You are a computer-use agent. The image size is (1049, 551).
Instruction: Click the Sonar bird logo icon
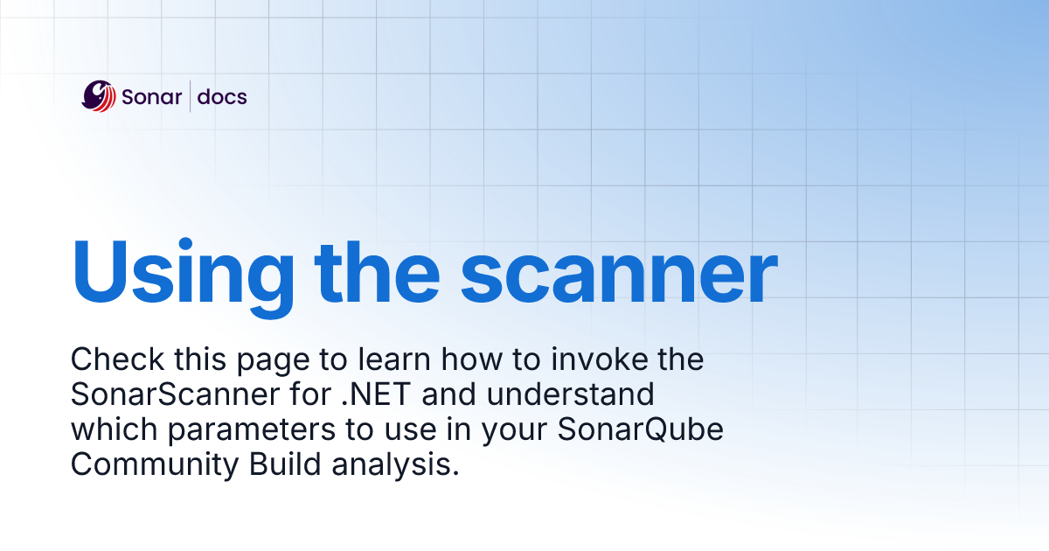[x=99, y=96]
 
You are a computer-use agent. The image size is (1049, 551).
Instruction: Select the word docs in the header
[x=222, y=96]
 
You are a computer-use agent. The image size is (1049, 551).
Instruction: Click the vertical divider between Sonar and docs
[x=190, y=96]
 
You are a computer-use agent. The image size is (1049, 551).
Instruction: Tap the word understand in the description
[x=569, y=394]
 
